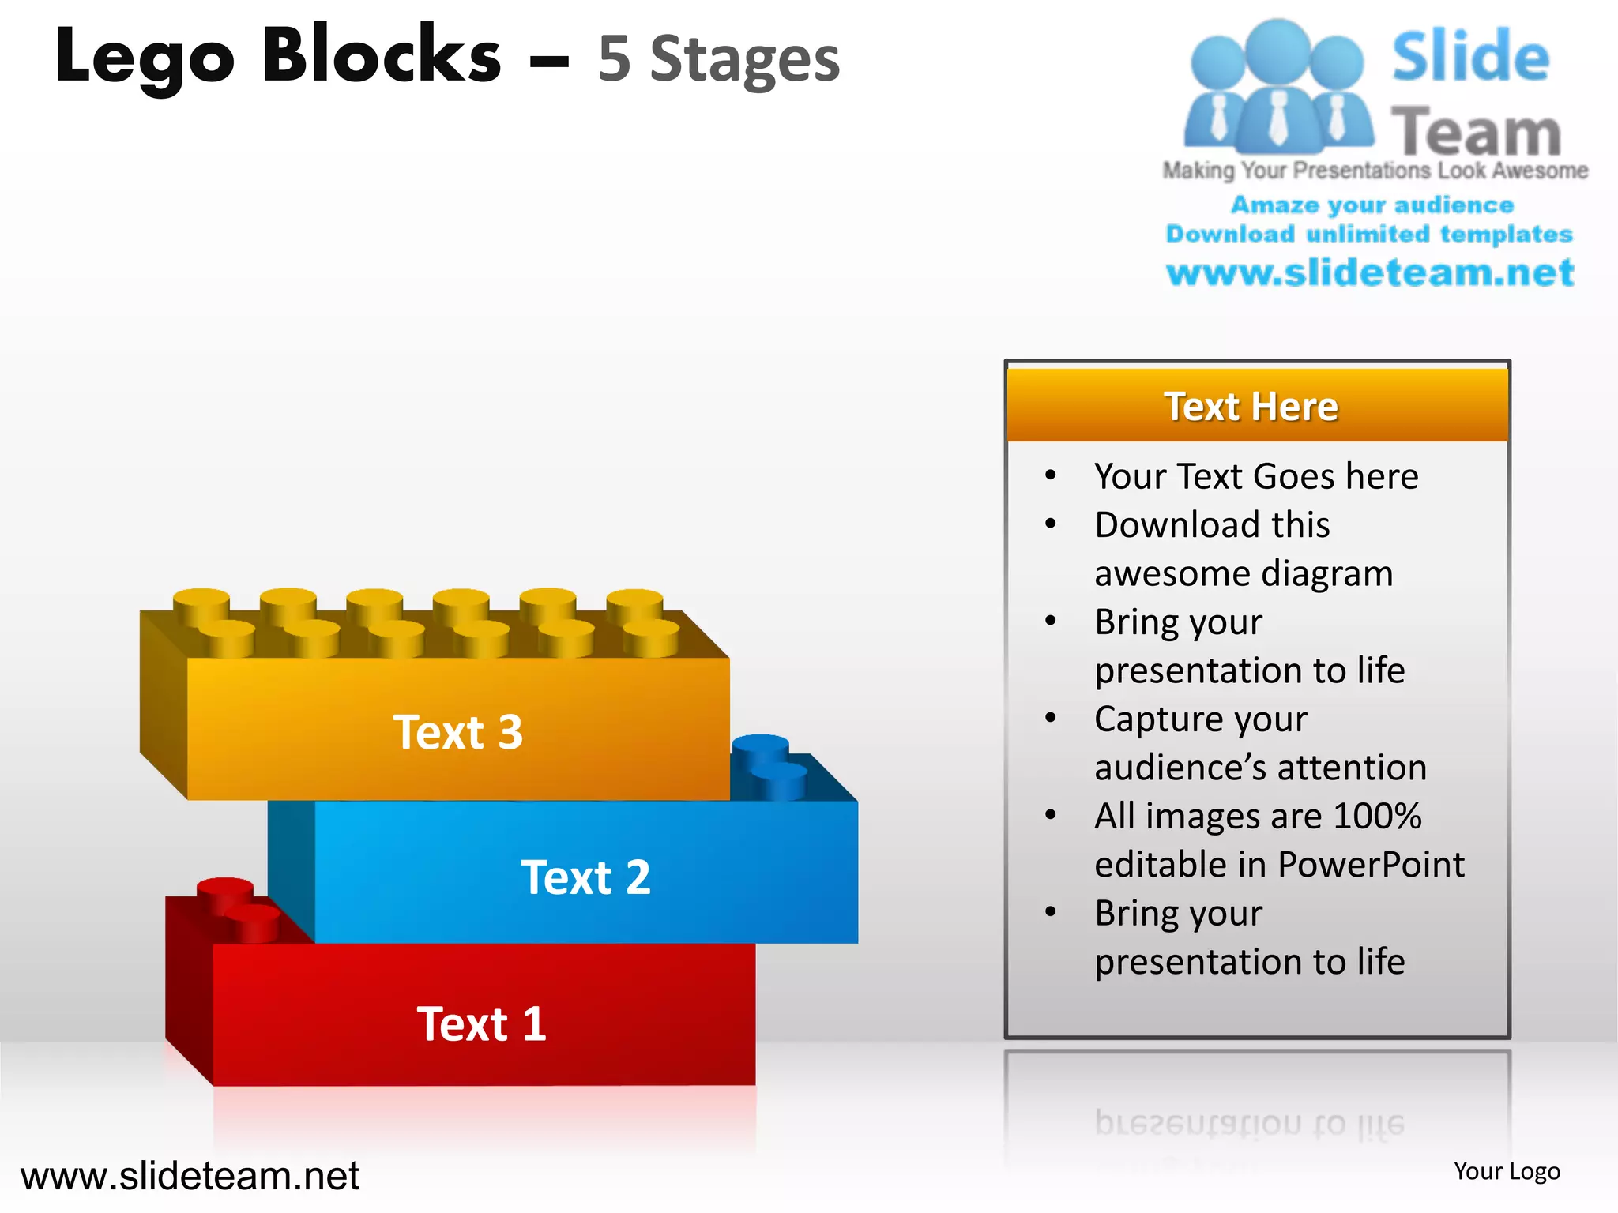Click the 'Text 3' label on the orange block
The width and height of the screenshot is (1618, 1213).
[458, 732]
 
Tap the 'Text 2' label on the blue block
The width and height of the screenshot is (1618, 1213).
[585, 877]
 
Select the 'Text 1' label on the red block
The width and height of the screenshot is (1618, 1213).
[481, 1024]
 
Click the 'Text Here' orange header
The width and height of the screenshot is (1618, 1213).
[1251, 407]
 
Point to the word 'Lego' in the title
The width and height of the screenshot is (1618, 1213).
[145, 57]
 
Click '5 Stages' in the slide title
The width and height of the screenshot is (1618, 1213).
[718, 59]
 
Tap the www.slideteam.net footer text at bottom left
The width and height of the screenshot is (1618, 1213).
[190, 1176]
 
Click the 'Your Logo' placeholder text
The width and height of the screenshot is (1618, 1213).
[1507, 1171]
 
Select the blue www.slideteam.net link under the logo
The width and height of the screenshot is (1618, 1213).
[1370, 272]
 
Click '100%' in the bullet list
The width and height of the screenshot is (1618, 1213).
[1377, 816]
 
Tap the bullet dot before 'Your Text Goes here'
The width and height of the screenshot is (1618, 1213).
[1050, 475]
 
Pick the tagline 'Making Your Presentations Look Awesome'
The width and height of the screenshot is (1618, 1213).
[1375, 171]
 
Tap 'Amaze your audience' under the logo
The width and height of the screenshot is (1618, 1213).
[1372, 205]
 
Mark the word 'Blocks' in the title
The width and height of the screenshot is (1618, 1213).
[382, 55]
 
